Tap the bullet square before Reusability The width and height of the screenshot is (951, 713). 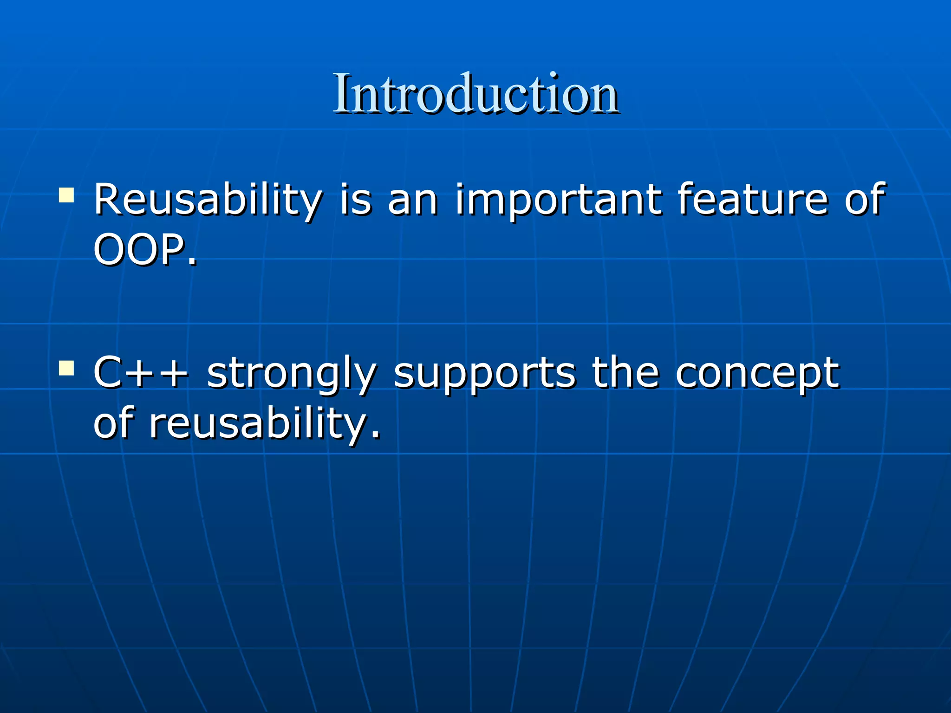pyautogui.click(x=66, y=195)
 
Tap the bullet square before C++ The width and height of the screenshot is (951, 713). pyautogui.click(x=66, y=369)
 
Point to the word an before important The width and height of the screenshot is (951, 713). pyautogui.click(x=413, y=201)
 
